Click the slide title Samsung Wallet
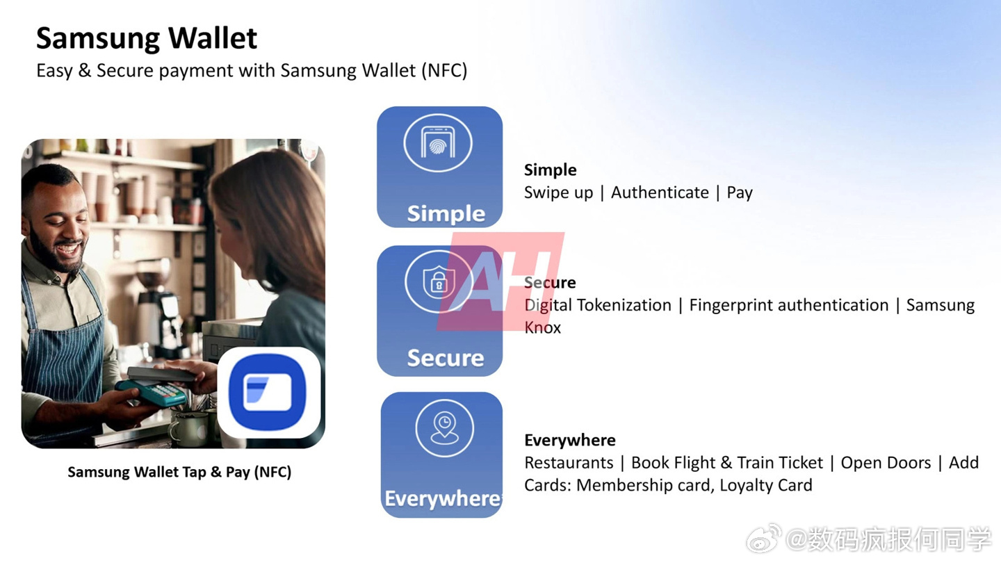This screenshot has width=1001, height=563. [x=147, y=38]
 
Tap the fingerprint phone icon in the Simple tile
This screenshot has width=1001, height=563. [x=438, y=142]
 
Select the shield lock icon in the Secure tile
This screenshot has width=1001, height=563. [x=439, y=282]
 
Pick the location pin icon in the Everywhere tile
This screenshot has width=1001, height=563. [x=444, y=428]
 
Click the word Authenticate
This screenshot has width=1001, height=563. [x=660, y=193]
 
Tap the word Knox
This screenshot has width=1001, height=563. [x=542, y=327]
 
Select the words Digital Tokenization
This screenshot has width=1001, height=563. [x=598, y=305]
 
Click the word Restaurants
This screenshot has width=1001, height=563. [x=569, y=462]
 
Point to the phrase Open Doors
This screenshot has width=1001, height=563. [x=886, y=463]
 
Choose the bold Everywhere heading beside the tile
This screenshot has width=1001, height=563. [x=570, y=440]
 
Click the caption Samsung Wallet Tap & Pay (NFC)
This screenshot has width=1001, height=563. [x=179, y=473]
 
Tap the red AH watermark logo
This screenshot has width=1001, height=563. [x=500, y=281]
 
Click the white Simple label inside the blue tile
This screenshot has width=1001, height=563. [x=446, y=213]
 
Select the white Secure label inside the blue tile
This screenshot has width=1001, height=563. [x=446, y=358]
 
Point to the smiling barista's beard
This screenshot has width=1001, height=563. [x=56, y=250]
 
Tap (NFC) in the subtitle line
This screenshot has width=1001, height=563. [x=444, y=71]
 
